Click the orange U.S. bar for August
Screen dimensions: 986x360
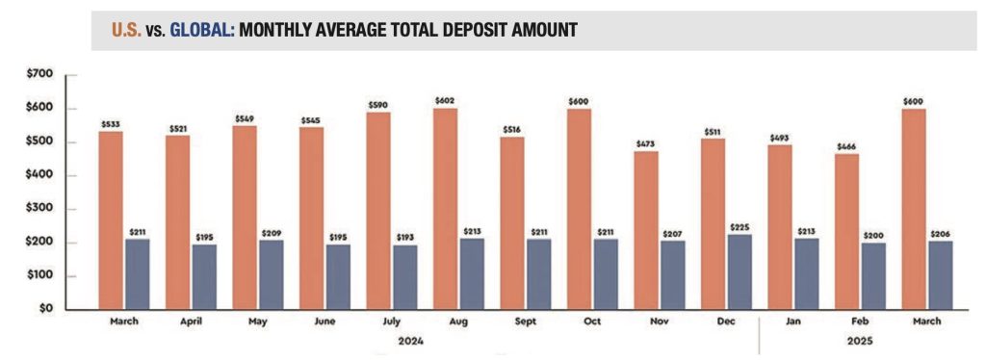coord(446,209)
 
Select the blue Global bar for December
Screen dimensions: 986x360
coord(739,272)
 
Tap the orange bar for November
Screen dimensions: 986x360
coord(646,231)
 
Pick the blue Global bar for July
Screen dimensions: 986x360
coord(405,277)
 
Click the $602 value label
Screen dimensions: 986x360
coord(445,100)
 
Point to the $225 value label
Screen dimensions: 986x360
coord(739,227)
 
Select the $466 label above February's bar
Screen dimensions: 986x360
coord(846,147)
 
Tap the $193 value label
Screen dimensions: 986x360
coord(405,238)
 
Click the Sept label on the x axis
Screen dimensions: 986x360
coord(526,321)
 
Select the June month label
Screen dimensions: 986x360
coord(324,321)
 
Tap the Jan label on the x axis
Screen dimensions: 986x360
coord(793,321)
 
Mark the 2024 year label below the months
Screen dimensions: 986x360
coord(410,342)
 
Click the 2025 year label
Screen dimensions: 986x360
coord(860,342)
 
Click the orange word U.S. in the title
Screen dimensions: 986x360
coord(126,30)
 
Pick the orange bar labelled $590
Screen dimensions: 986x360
coord(378,211)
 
